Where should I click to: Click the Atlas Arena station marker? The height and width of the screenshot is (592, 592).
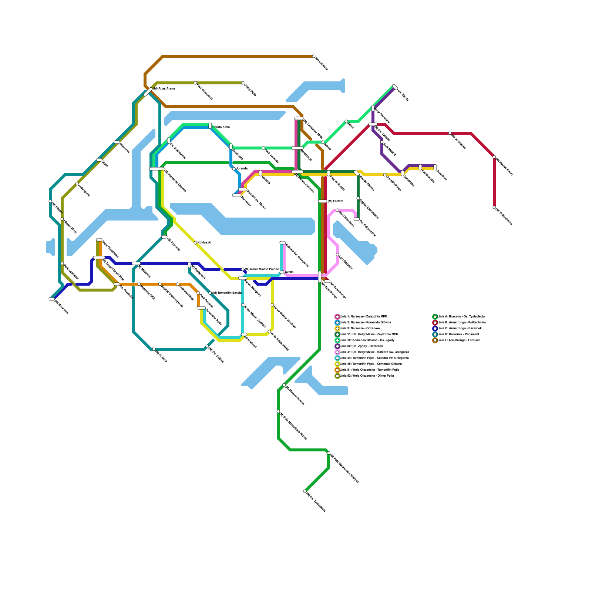click(148, 92)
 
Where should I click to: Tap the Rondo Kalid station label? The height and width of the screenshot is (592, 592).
click(221, 127)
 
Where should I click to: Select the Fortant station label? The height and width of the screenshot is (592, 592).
click(335, 201)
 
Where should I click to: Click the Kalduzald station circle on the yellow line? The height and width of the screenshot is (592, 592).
click(195, 243)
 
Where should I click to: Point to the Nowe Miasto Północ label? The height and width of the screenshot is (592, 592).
click(262, 269)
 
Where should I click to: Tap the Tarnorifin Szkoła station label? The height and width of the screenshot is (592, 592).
click(226, 293)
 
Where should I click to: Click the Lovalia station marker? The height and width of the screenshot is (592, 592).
click(282, 272)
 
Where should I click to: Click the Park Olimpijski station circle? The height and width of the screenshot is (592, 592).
click(195, 83)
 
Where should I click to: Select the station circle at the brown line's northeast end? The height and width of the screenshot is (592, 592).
click(314, 56)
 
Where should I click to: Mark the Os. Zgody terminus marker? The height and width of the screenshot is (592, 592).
click(395, 87)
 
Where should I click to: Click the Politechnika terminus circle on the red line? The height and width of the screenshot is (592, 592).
click(494, 207)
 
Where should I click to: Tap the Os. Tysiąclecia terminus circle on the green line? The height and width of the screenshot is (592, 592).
click(305, 491)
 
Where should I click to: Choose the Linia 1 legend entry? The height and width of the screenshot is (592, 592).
click(363, 316)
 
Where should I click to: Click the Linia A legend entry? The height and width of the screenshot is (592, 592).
click(459, 316)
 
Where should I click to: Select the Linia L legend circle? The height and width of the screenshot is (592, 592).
click(435, 340)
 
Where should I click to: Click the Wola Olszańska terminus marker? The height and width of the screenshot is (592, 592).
click(99, 240)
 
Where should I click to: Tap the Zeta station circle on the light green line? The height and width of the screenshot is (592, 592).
click(346, 121)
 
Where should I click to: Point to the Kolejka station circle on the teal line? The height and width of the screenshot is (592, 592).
click(154, 349)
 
